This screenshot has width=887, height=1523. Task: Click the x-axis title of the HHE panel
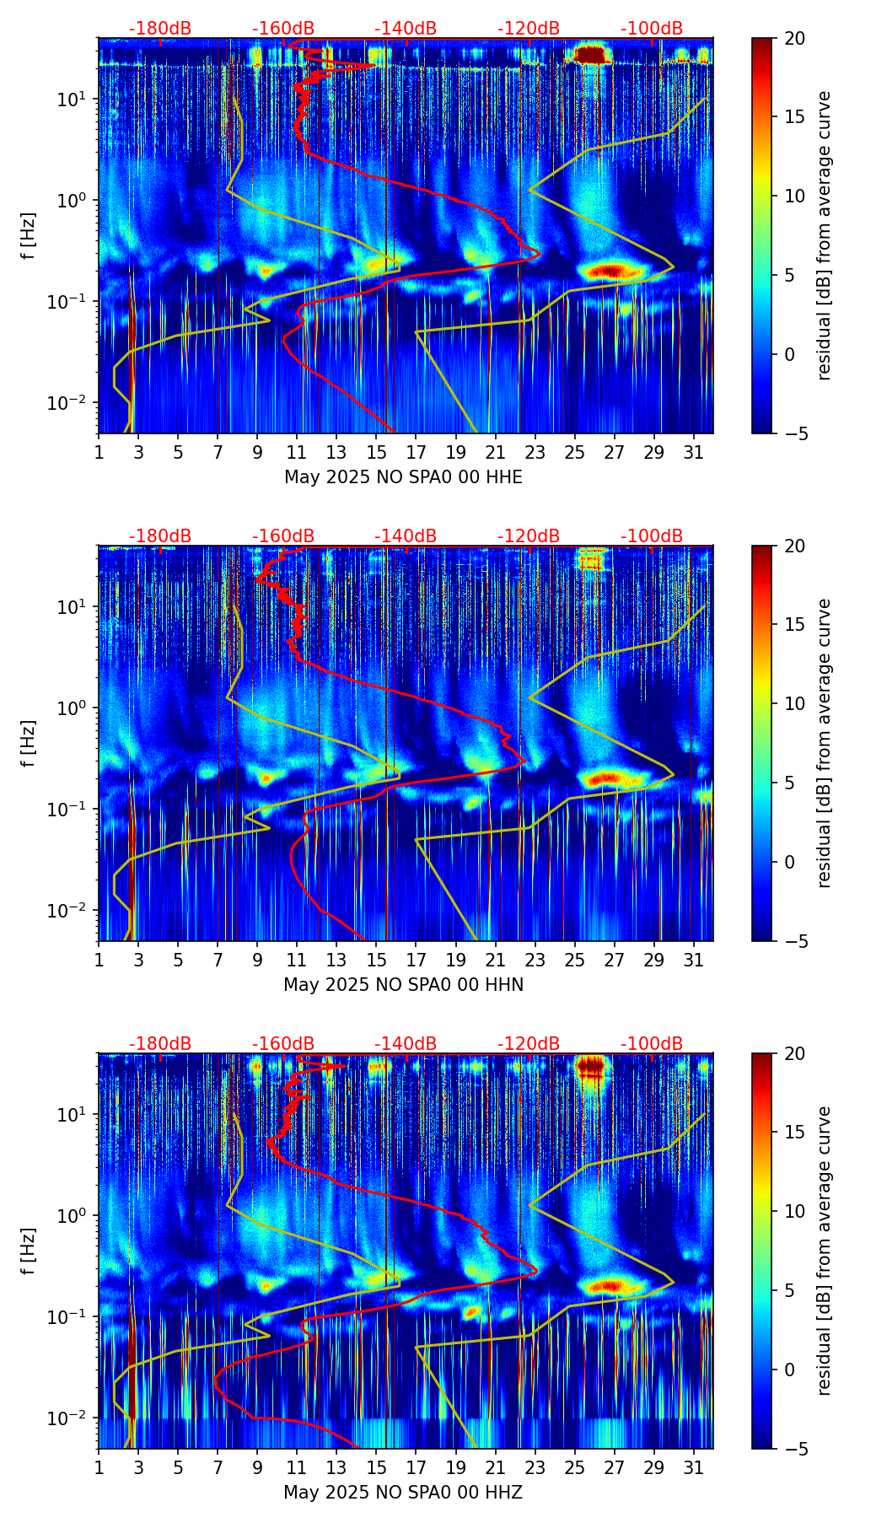coord(403,477)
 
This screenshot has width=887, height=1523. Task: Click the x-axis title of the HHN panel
coord(403,985)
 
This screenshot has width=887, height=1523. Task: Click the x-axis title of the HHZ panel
coord(403,1493)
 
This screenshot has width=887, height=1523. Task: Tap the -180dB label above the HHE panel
coord(160,29)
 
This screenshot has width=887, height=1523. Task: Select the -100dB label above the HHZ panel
coord(652,1044)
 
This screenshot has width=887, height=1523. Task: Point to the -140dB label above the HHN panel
coord(406,536)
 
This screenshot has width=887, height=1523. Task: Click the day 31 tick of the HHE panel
coord(694,452)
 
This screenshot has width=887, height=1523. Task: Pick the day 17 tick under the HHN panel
coord(417,960)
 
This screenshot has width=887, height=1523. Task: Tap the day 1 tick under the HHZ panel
coord(99,1467)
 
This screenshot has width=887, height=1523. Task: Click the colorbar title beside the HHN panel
coord(825,743)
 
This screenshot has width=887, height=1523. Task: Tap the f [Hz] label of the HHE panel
coord(29,235)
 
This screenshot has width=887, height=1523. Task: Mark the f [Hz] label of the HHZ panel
coord(29,1251)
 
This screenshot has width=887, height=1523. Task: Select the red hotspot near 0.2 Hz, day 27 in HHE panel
coord(614,271)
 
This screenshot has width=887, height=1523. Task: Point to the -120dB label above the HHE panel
coord(529,29)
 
